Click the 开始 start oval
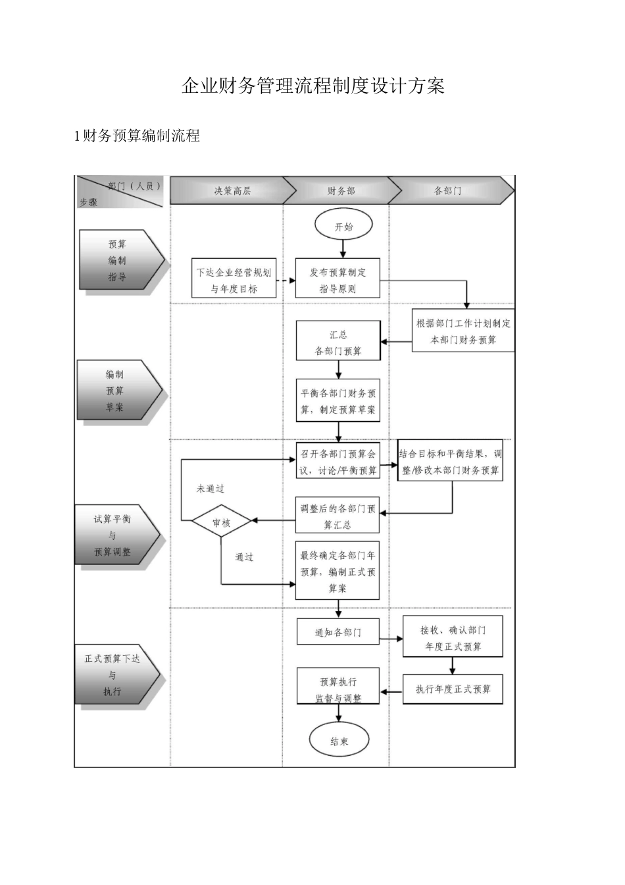click(x=343, y=226)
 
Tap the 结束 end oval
click(x=339, y=741)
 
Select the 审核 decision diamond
click(x=221, y=523)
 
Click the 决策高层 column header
click(x=232, y=191)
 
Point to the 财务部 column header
click(x=341, y=191)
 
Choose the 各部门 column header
click(x=447, y=191)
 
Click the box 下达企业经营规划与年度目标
click(x=234, y=280)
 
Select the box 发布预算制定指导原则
click(x=337, y=280)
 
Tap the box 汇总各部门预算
click(x=338, y=342)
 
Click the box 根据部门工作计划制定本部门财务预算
click(x=463, y=331)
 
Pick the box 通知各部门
click(x=338, y=632)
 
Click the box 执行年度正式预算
click(x=453, y=689)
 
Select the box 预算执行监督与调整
click(x=338, y=689)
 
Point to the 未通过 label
click(x=210, y=489)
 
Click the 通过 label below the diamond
click(x=244, y=557)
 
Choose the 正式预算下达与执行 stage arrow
click(x=116, y=674)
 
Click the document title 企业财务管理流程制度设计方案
click(x=312, y=86)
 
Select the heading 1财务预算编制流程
click(x=137, y=136)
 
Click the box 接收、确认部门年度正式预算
click(x=453, y=638)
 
